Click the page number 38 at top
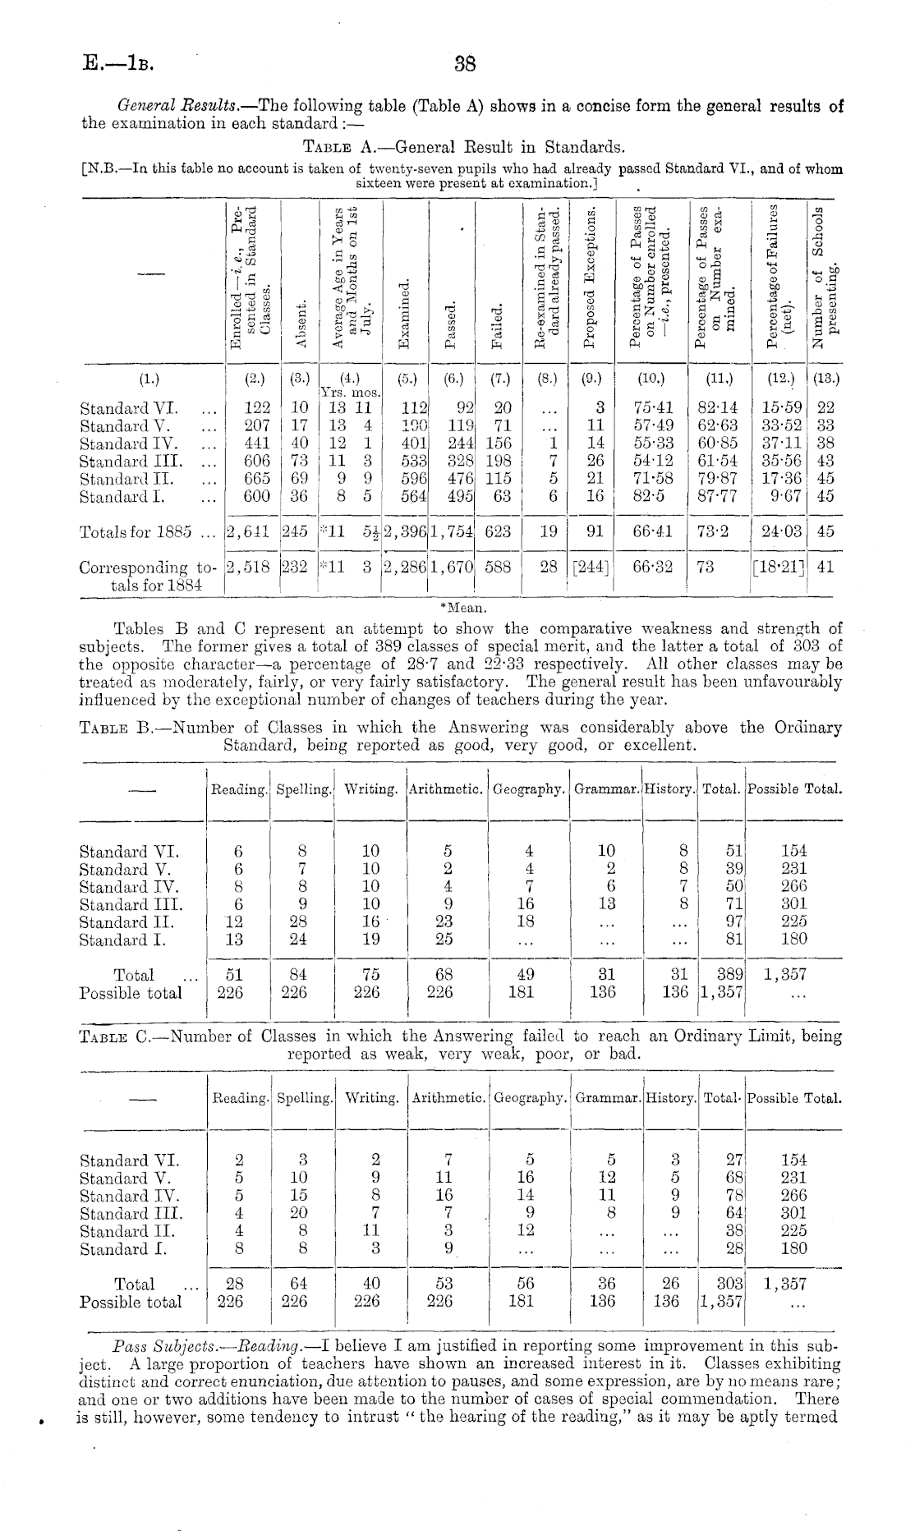pyautogui.click(x=465, y=64)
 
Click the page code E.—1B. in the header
pyautogui.click(x=118, y=63)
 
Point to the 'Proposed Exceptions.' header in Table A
pyautogui.click(x=589, y=278)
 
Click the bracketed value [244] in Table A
pyautogui.click(x=589, y=568)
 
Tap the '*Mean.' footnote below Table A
pyautogui.click(x=464, y=609)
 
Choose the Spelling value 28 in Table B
pyautogui.click(x=294, y=922)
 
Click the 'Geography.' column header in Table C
pyautogui.click(x=530, y=1098)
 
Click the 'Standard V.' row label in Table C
pyautogui.click(x=125, y=1179)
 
